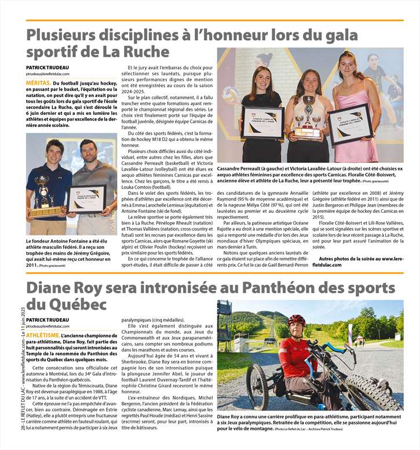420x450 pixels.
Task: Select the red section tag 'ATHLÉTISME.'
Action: click(42, 335)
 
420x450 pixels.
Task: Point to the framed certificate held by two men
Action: click(86, 199)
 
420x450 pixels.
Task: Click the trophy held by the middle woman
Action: click(308, 118)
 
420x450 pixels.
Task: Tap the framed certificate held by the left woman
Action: click(262, 122)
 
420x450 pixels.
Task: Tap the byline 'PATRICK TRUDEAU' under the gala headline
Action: click(47, 68)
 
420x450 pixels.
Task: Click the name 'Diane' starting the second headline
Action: click(49, 288)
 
